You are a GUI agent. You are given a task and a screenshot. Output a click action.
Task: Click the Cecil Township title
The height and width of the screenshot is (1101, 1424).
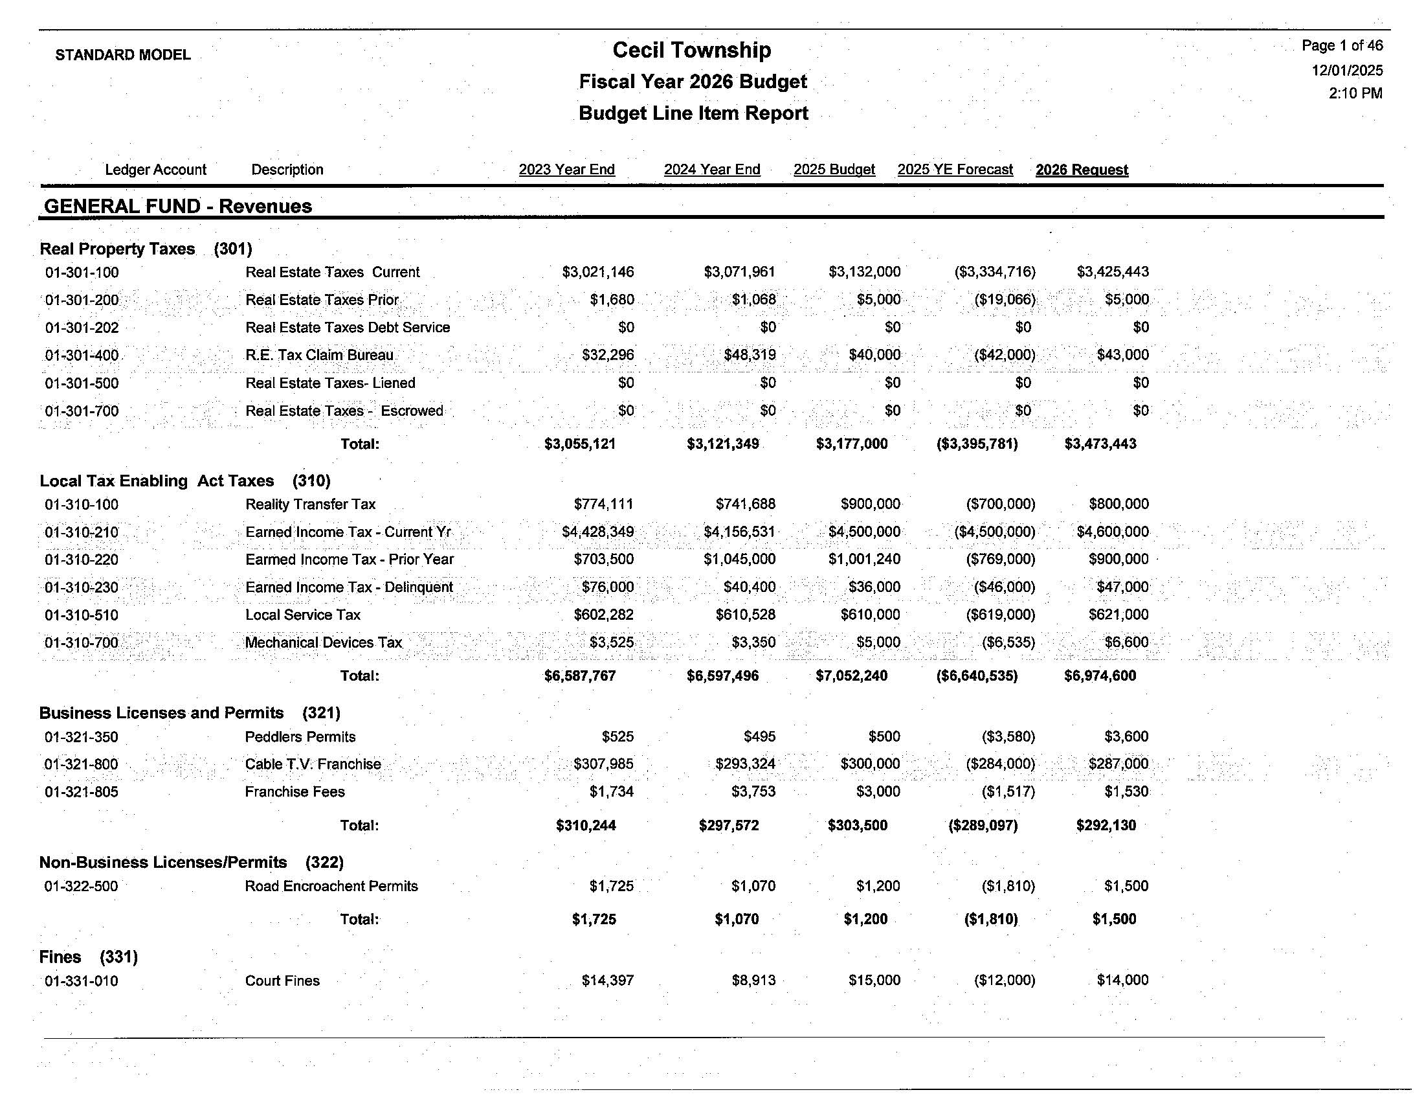(692, 51)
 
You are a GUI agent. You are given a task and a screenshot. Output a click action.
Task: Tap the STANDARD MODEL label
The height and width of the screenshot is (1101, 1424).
(122, 55)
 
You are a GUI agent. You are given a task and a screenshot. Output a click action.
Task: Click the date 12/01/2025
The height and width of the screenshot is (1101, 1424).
(1346, 71)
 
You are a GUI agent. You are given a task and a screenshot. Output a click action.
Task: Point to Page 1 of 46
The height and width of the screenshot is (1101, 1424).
(1342, 45)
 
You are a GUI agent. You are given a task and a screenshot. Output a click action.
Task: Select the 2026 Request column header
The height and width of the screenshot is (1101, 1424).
(1081, 170)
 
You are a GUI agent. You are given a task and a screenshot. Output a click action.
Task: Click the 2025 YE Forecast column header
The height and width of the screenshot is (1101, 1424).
(955, 170)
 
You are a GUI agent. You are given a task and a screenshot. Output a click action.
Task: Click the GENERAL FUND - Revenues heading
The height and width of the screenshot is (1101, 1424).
(177, 206)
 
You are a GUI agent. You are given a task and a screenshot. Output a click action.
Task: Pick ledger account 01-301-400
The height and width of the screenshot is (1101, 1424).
(82, 356)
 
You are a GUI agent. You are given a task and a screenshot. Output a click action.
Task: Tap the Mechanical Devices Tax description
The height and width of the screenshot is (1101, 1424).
(324, 642)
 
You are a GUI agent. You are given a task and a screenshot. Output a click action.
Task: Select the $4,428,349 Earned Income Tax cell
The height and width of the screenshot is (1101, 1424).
(597, 532)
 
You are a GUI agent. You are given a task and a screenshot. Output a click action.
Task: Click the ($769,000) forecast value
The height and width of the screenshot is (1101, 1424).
(1000, 560)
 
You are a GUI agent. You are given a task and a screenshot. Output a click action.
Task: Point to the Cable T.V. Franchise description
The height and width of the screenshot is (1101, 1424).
(313, 764)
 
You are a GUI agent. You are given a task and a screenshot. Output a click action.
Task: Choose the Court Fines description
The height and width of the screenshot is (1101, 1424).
(282, 981)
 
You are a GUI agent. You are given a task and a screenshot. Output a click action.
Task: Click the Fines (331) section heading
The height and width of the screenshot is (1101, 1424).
(88, 957)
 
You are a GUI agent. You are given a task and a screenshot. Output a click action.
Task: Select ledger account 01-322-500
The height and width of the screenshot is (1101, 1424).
(81, 887)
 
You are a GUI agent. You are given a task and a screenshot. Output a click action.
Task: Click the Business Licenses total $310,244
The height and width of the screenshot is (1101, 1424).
(586, 826)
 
